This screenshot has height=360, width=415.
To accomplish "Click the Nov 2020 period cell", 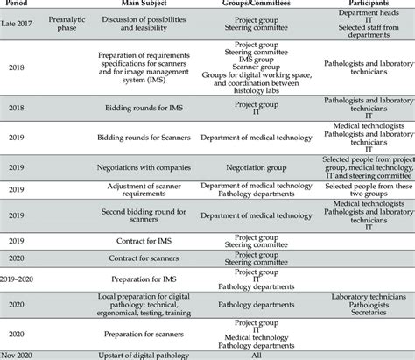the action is (20, 355).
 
